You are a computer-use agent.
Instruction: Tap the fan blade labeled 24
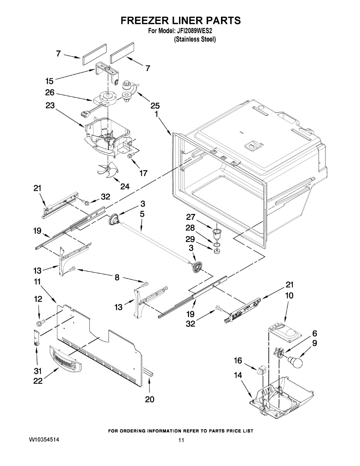107,169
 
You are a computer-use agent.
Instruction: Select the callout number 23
50,105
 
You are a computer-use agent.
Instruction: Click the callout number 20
149,399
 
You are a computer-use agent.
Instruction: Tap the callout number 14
238,376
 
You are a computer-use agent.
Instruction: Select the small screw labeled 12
40,322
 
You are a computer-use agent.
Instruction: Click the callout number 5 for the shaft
142,214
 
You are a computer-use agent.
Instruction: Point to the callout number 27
202,217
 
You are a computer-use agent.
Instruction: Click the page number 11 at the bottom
181,440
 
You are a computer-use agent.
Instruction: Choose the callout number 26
50,93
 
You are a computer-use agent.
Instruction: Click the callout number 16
238,361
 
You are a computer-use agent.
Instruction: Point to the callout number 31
37,372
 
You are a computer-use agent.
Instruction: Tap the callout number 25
155,106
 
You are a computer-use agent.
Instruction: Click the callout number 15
49,81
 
